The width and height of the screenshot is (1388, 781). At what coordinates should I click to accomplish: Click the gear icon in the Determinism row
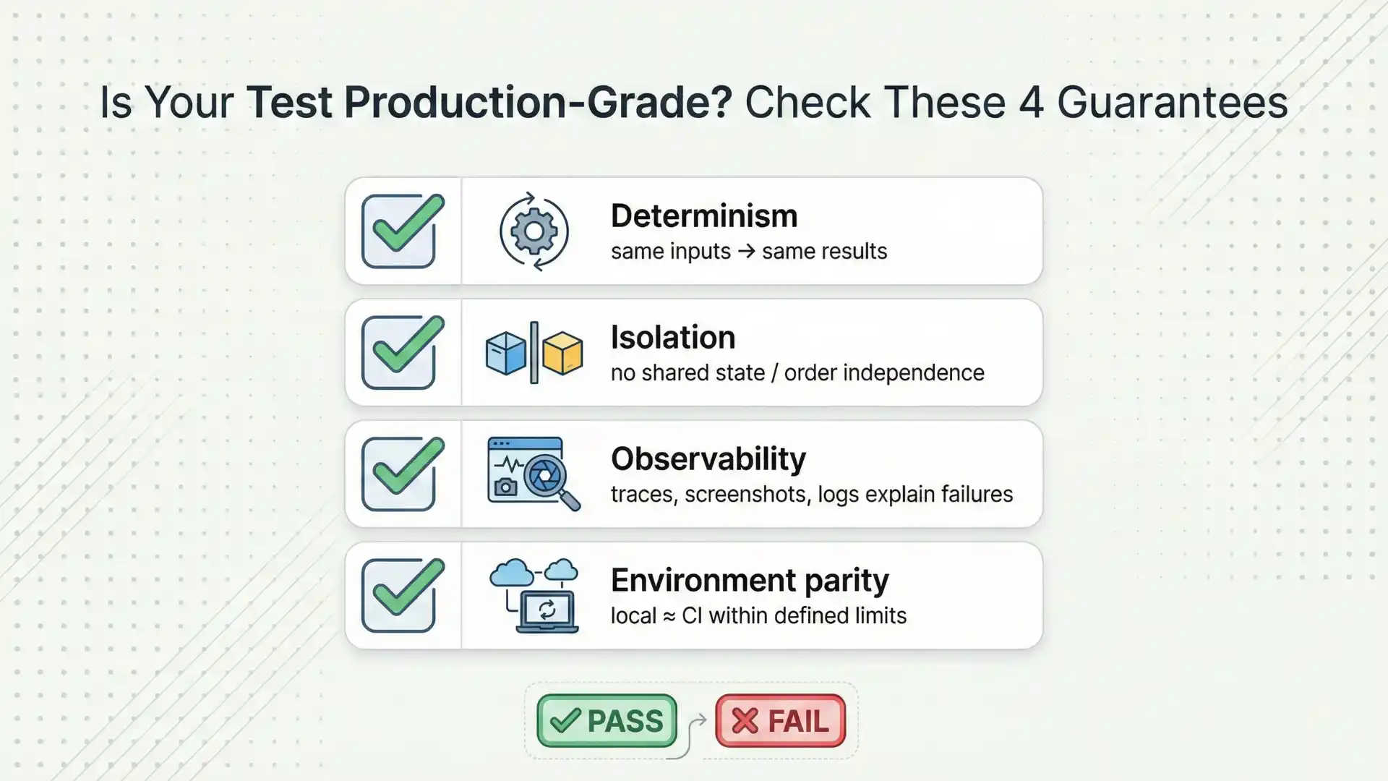coord(534,231)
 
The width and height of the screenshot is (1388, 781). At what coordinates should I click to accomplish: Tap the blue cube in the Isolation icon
coord(506,353)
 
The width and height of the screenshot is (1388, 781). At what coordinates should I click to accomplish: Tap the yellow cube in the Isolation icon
coord(562,353)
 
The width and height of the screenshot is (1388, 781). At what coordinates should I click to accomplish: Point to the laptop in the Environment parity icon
coord(547,612)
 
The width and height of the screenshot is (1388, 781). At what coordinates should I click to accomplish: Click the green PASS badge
coord(607,721)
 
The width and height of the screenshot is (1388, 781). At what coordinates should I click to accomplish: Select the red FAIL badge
coord(780,721)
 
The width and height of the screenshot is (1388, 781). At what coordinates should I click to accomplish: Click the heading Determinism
coord(703,216)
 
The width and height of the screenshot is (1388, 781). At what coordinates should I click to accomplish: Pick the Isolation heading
coord(672,338)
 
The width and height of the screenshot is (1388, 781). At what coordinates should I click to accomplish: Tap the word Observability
coord(708,459)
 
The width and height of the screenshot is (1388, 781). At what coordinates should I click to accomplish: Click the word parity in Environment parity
coord(847,581)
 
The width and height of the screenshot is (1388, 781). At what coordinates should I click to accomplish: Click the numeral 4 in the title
coord(1031,103)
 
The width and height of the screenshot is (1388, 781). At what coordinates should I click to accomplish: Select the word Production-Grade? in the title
coord(538,103)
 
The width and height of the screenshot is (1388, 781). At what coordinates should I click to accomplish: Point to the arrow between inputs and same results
coord(746,252)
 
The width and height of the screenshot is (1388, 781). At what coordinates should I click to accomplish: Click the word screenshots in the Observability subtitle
coord(747,495)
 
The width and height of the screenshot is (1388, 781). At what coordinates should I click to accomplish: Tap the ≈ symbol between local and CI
coord(669,616)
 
